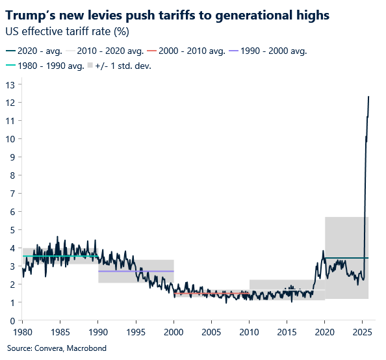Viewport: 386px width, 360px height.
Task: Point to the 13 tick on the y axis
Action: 10,84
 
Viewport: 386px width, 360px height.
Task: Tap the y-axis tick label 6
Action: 12,212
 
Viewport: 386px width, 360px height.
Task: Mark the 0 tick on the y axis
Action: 12,320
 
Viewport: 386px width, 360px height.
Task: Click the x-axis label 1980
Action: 23,331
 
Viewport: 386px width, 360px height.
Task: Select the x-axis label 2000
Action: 174,331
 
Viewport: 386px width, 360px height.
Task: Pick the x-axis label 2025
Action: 362,331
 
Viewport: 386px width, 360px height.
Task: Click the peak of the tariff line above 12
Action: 368,97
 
